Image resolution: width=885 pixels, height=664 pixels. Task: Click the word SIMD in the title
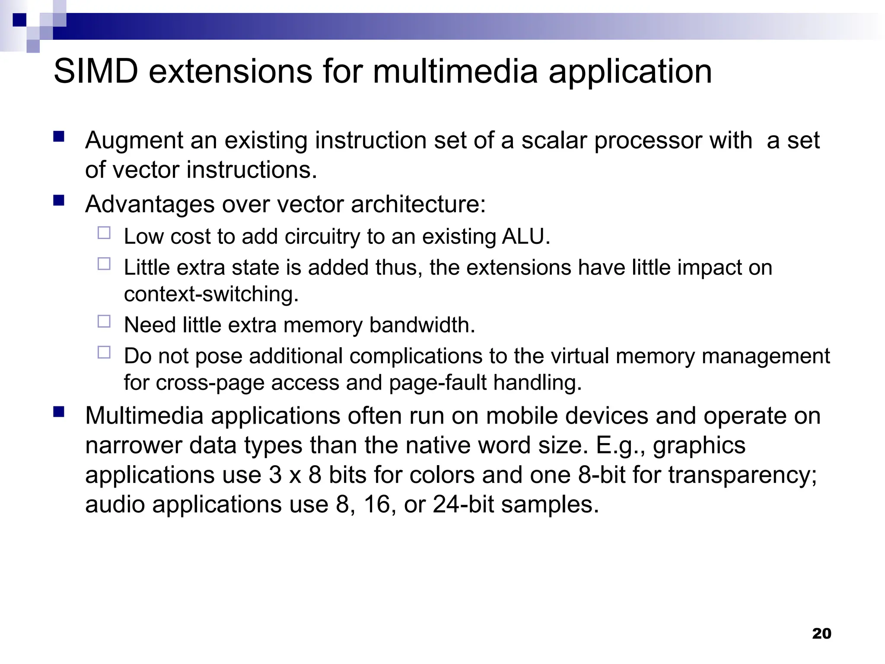click(96, 71)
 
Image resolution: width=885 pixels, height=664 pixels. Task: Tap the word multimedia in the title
click(455, 71)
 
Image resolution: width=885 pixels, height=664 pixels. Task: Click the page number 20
click(821, 633)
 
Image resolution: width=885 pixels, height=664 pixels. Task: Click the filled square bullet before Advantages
click(59, 201)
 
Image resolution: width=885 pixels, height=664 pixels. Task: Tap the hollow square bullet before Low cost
click(104, 233)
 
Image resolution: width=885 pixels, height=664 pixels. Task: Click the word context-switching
click(211, 294)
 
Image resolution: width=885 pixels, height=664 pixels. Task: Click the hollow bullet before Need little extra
click(104, 322)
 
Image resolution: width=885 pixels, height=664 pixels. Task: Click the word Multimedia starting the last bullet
click(144, 416)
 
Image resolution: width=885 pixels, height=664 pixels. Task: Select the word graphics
click(699, 446)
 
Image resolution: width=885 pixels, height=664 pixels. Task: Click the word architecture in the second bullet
click(418, 204)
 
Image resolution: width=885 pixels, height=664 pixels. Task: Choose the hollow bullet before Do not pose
click(104, 353)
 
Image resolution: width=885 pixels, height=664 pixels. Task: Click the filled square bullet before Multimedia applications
click(59, 412)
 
